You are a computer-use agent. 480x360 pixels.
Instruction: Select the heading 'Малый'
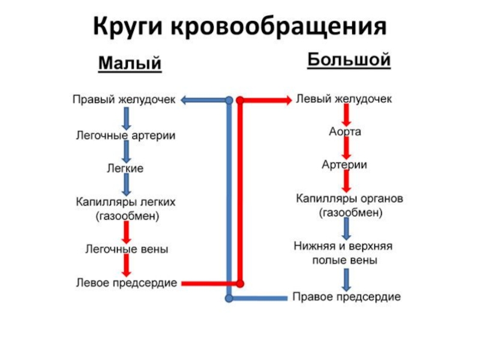pyautogui.click(x=130, y=62)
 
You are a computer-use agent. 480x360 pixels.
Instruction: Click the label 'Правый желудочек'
pyautogui.click(x=124, y=100)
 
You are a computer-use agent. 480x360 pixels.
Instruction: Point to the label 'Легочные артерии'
pyautogui.click(x=125, y=136)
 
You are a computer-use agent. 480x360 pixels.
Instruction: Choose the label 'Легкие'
pyautogui.click(x=125, y=169)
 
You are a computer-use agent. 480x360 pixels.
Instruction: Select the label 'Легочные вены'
pyautogui.click(x=126, y=248)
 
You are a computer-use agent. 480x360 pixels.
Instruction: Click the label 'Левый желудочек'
pyautogui.click(x=344, y=99)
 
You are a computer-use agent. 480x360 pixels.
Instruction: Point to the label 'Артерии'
pyautogui.click(x=344, y=164)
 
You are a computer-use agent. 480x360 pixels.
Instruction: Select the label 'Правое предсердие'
pyautogui.click(x=347, y=297)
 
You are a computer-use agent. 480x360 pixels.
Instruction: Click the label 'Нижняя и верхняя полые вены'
pyautogui.click(x=344, y=253)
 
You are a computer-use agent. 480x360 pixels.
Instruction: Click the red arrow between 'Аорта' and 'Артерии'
pyautogui.click(x=346, y=148)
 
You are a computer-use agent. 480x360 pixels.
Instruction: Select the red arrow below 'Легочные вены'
pyautogui.click(x=127, y=265)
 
